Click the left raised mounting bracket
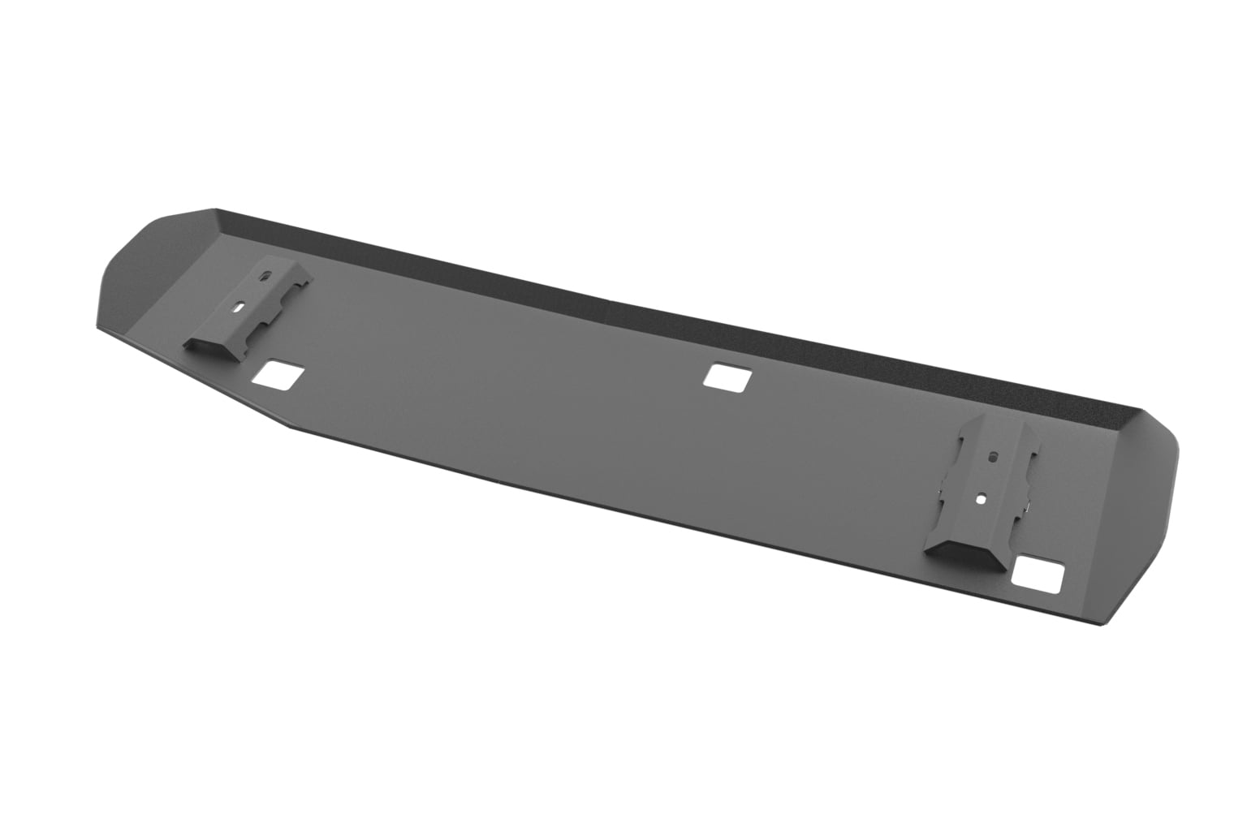[x=248, y=312]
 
